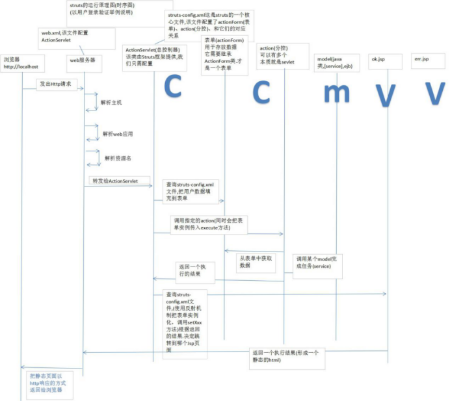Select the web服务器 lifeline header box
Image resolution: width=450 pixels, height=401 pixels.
[x=83, y=60]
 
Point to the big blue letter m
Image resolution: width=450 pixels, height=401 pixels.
[x=336, y=94]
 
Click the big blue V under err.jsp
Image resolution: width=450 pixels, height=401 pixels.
[x=434, y=93]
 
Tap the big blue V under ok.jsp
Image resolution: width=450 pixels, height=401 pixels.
[x=386, y=94]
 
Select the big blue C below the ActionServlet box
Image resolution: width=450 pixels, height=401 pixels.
[x=172, y=87]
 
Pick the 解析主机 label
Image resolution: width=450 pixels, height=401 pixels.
[x=111, y=103]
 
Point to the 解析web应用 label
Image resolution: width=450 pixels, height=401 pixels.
[x=118, y=133]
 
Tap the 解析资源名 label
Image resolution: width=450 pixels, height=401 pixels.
[x=119, y=158]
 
